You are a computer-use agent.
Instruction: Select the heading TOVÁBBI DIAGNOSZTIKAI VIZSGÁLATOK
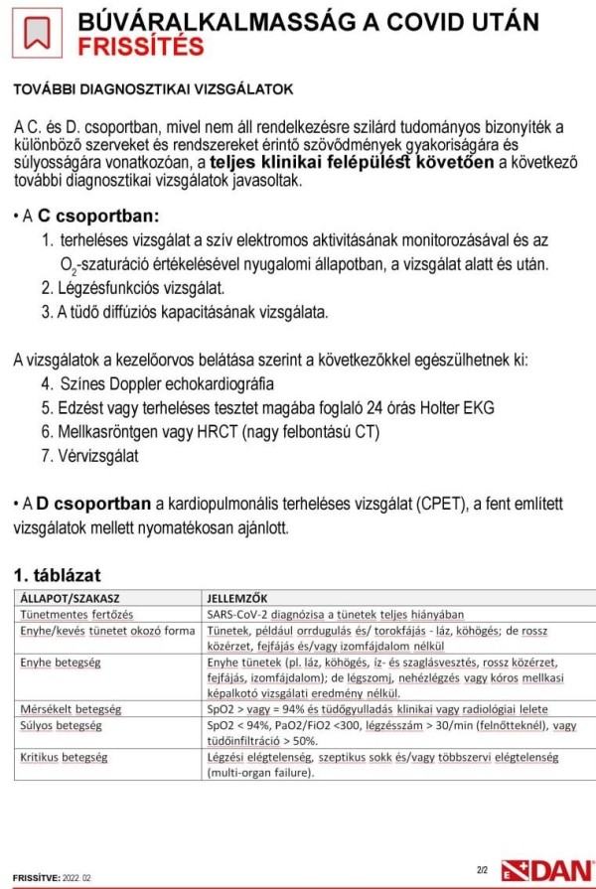click(153, 89)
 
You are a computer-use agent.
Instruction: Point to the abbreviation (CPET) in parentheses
click(408, 506)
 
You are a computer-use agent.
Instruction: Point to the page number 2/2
click(483, 870)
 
